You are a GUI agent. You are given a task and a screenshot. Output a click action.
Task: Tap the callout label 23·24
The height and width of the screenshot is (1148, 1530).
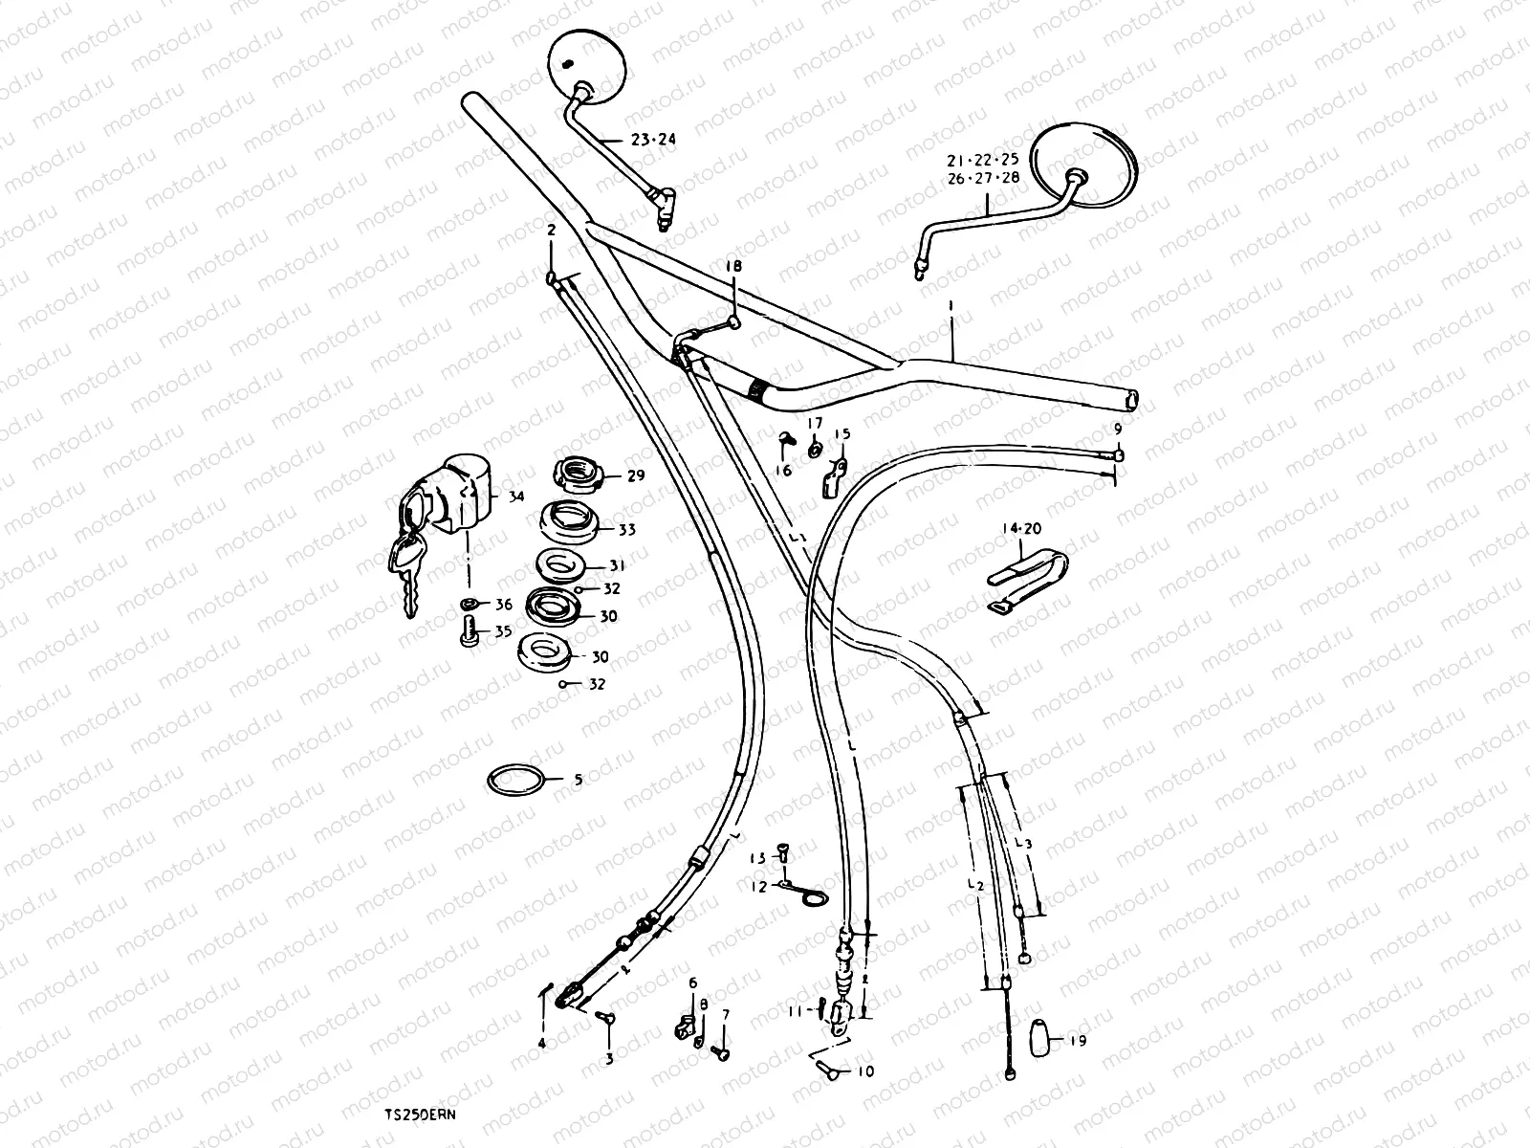pos(653,140)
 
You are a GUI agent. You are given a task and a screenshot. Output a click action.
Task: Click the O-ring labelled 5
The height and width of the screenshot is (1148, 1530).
pos(517,780)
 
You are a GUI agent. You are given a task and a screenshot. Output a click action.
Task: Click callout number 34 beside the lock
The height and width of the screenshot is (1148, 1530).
pos(516,497)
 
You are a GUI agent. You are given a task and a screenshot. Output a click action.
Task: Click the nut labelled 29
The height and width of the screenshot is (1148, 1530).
pos(578,474)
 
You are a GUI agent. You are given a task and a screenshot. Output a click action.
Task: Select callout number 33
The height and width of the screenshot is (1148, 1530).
pos(627,529)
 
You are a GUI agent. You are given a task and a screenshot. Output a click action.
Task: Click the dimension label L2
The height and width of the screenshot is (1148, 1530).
pos(975,885)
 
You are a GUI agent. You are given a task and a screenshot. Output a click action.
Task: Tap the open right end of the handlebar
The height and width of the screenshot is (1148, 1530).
pos(1132,399)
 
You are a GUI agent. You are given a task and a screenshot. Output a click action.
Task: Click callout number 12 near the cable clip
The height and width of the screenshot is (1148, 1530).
pos(758,887)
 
